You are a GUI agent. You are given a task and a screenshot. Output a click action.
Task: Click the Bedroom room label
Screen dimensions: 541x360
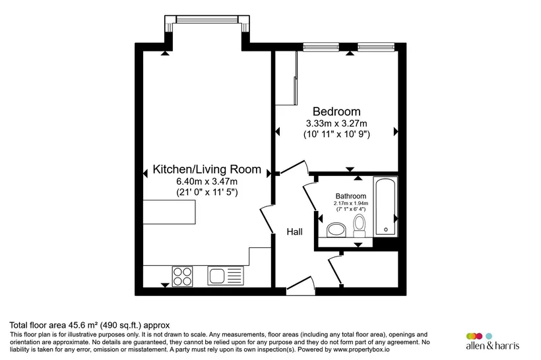pyautogui.click(x=336, y=111)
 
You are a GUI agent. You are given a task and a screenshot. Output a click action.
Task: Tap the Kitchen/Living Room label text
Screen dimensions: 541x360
pyautogui.click(x=207, y=169)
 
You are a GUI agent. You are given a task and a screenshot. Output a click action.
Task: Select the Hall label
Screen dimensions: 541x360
pyautogui.click(x=295, y=231)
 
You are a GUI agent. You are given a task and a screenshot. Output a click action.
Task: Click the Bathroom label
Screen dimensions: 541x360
pyautogui.click(x=351, y=196)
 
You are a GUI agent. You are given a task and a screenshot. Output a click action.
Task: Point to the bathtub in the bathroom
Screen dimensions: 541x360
pyautogui.click(x=386, y=206)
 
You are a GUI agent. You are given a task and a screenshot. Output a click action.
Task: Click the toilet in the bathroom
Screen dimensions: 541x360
pyautogui.click(x=360, y=226)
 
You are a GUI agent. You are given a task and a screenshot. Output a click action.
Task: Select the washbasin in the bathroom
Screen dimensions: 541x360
pyautogui.click(x=336, y=229)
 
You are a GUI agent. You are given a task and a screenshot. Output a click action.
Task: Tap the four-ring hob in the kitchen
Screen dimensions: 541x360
pyautogui.click(x=183, y=276)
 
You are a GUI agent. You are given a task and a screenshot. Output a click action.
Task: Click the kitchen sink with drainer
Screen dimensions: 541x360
pyautogui.click(x=226, y=276)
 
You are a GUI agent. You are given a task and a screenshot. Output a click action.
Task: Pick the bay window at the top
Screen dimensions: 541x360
pyautogui.click(x=207, y=19)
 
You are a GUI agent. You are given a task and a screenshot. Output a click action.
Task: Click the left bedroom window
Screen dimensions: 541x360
pyautogui.click(x=321, y=47)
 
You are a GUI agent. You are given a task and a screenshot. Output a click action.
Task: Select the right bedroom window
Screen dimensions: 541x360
pyautogui.click(x=376, y=47)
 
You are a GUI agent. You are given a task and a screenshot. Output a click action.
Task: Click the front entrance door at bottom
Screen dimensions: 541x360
pyautogui.click(x=300, y=286)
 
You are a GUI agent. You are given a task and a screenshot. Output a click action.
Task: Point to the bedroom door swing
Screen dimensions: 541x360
pyautogui.click(x=294, y=167)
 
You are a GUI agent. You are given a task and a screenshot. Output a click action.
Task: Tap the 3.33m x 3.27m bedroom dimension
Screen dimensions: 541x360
pyautogui.click(x=336, y=123)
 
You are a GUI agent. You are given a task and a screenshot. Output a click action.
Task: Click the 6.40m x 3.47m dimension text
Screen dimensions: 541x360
pyautogui.click(x=207, y=181)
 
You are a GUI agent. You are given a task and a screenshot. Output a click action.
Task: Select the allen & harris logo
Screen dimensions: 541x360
pyautogui.click(x=492, y=342)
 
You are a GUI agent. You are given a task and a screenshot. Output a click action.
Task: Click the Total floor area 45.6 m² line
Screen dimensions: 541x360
pyautogui.click(x=90, y=325)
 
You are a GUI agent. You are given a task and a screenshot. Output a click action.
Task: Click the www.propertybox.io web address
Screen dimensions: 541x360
pyautogui.click(x=362, y=349)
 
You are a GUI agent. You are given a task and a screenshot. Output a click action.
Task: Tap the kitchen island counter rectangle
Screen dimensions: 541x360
pyautogui.click(x=170, y=212)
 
